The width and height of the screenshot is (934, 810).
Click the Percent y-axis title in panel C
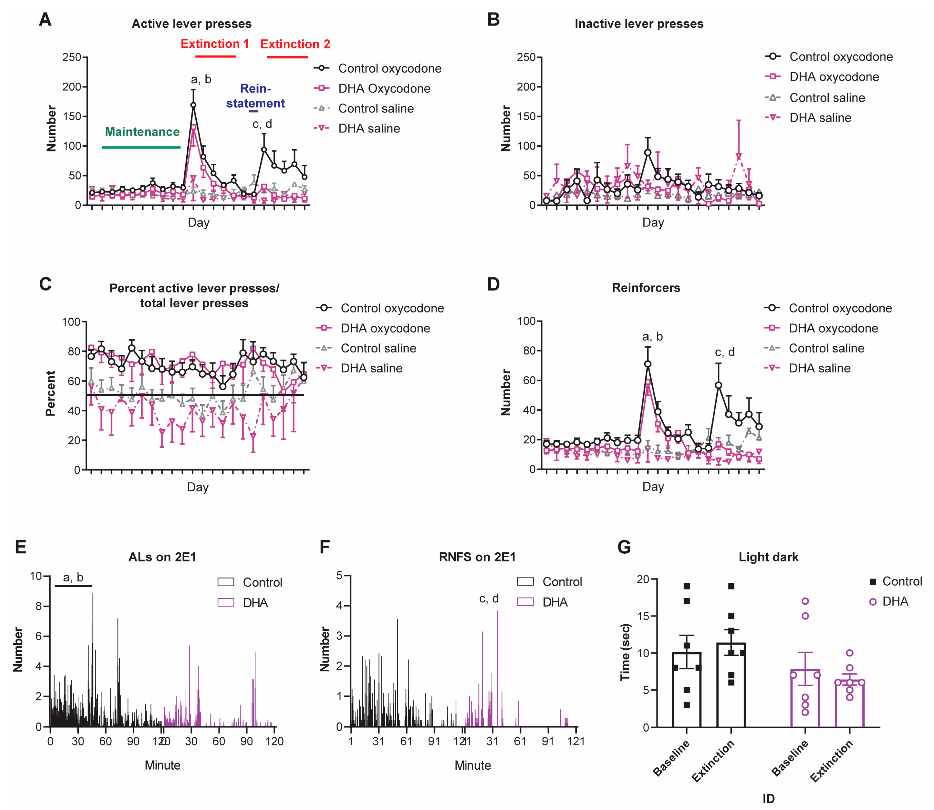click(50, 393)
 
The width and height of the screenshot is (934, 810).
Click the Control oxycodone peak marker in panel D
click(648, 364)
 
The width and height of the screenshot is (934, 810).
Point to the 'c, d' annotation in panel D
click(725, 352)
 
